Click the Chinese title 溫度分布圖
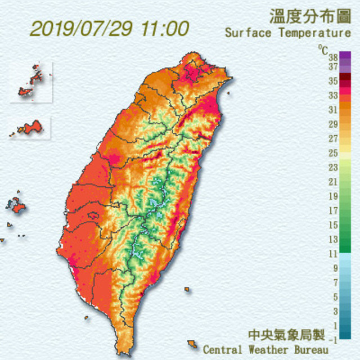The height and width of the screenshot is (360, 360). pos(309,15)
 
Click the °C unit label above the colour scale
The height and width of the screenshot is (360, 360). pos(322,49)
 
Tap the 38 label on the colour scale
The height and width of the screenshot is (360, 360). pos(332,57)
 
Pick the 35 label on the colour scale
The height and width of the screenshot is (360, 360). pos(332,81)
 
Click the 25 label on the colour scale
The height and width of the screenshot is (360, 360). pos(332,153)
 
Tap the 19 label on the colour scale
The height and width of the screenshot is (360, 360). pos(332,196)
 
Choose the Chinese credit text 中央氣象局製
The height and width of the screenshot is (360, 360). pos(287,336)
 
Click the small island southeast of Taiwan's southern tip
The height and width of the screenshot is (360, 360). pos(192,344)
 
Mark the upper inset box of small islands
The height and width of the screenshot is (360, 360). pos(31,82)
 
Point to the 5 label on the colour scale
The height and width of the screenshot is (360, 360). pos(335,296)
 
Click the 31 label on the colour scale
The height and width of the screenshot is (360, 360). pos(332,110)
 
